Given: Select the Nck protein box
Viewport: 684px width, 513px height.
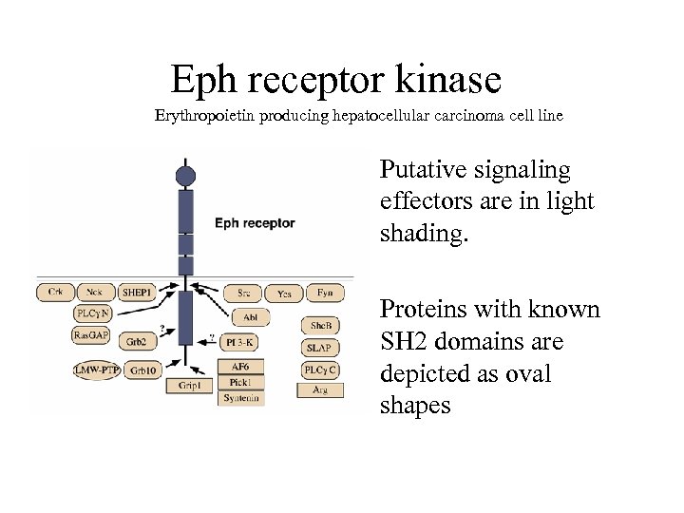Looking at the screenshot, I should (94, 294).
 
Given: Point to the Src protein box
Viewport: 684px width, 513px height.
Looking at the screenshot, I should (244, 294).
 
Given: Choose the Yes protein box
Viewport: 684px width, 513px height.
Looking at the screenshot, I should (284, 294).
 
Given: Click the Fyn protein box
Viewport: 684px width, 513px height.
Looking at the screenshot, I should (325, 294).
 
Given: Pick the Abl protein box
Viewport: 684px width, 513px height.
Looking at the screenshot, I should (250, 318).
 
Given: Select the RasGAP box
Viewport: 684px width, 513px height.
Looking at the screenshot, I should (92, 334).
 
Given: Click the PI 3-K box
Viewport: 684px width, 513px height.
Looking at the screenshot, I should (240, 341).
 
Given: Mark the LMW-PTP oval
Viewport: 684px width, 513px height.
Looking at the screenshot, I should (96, 370).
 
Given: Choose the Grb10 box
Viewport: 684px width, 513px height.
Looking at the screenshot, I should (144, 370).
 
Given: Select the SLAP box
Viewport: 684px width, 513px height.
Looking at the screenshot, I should (318, 349).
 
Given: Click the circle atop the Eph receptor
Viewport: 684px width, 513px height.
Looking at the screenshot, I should (185, 175).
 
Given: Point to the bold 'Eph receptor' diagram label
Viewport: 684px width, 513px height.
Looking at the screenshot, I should (255, 223).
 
